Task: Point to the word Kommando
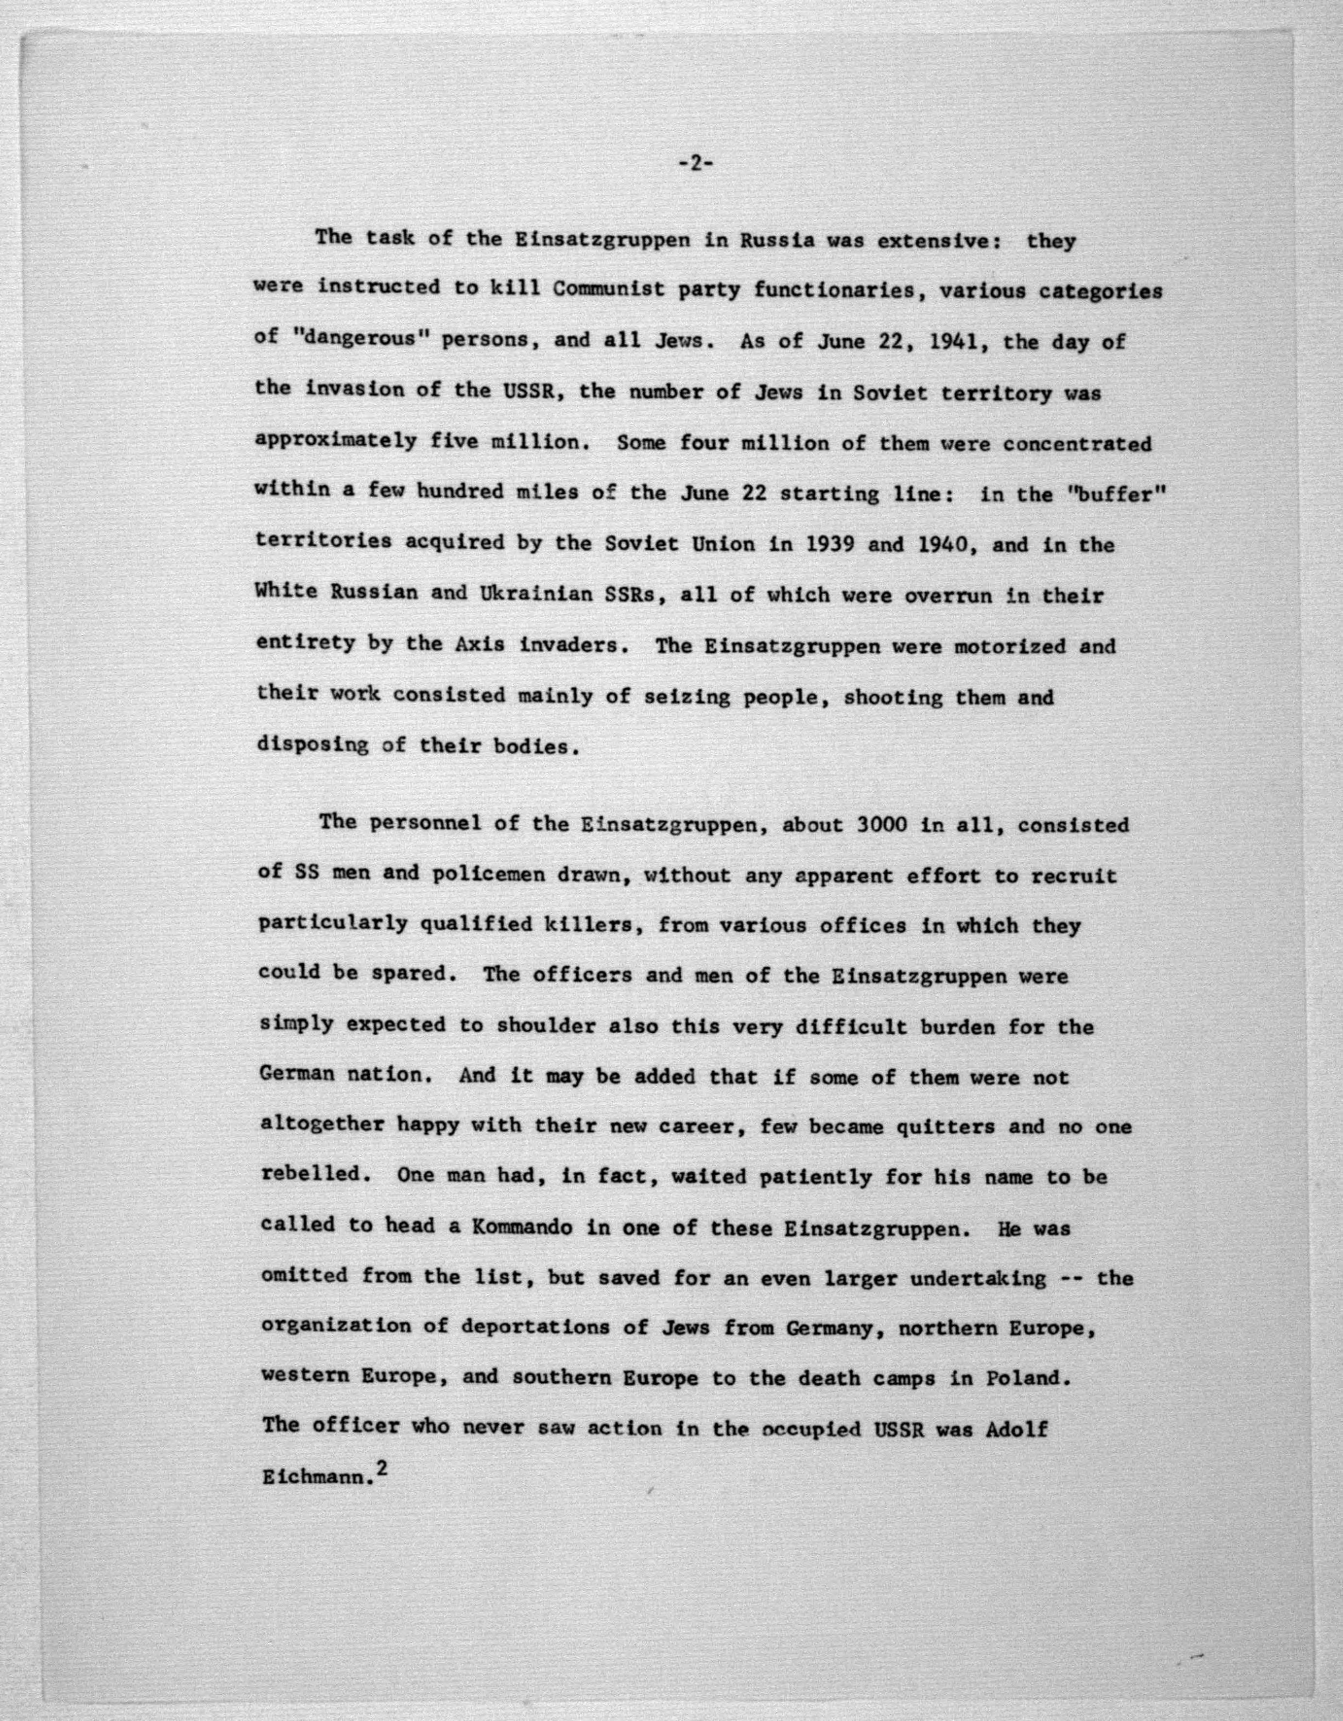[529, 1227]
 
